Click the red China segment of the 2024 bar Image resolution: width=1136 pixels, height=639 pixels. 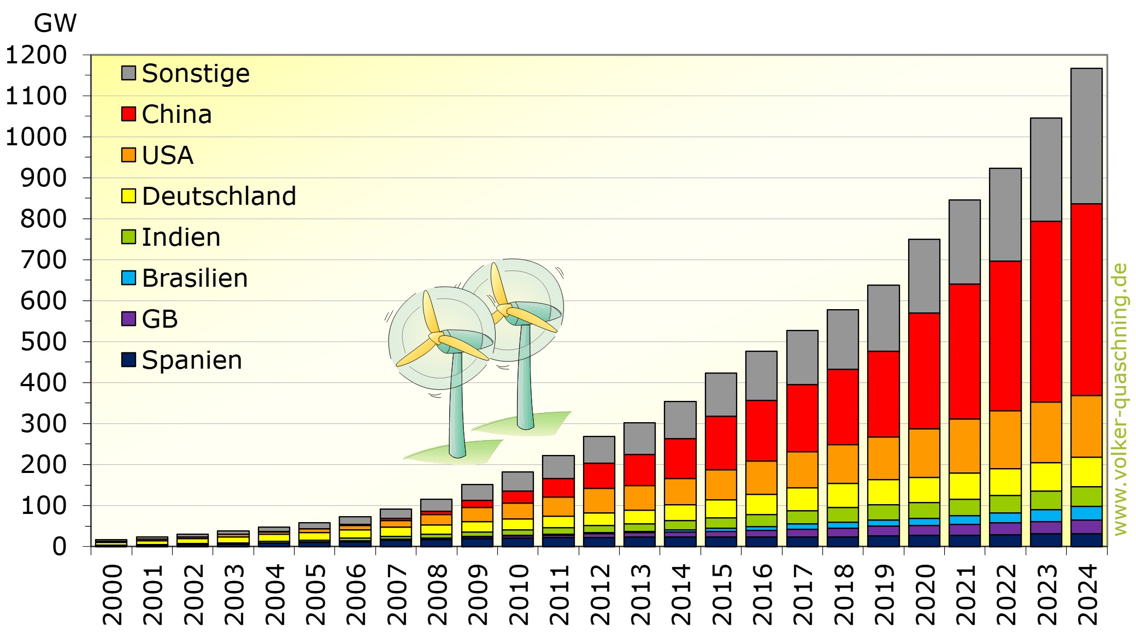tap(1086, 299)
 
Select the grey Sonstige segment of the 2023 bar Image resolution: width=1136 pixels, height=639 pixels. tap(1046, 169)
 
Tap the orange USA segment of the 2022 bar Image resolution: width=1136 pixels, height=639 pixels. tap(1005, 439)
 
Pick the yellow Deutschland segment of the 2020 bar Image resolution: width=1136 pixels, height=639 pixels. tap(924, 489)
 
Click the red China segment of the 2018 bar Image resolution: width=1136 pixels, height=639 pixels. tap(843, 406)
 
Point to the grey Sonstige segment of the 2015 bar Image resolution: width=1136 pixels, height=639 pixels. tap(721, 394)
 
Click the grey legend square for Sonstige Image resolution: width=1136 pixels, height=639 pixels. tap(128, 73)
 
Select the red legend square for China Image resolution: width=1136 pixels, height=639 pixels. tap(128, 114)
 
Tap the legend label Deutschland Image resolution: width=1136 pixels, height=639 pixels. tap(219, 196)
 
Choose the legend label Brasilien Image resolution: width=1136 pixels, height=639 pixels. tap(195, 278)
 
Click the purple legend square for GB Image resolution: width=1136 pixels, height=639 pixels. tap(128, 319)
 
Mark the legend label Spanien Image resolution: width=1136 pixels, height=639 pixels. tap(192, 360)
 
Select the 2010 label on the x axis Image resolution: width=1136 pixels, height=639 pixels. tap(518, 594)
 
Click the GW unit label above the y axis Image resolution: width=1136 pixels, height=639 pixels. tap(55, 23)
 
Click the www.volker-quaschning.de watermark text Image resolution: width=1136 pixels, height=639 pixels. tap(1120, 399)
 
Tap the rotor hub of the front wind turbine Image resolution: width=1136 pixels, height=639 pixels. tap(437, 338)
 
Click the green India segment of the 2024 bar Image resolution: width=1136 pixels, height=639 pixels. tap(1086, 496)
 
